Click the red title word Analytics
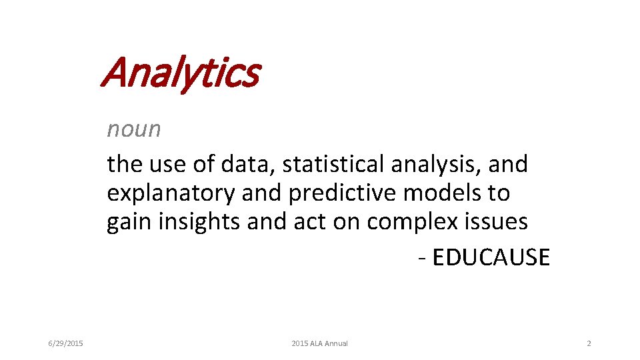[x=179, y=73]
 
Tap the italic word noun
[x=134, y=129]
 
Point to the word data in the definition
[x=237, y=164]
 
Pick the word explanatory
[x=171, y=193]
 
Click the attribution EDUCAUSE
[x=491, y=257]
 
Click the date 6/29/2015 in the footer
[x=65, y=343]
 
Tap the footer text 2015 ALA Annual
[x=319, y=343]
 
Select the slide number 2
[x=589, y=343]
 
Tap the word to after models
[x=499, y=193]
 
